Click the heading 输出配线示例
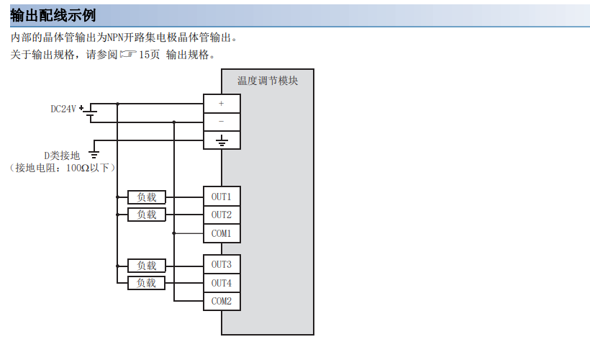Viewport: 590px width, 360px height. pyautogui.click(x=53, y=15)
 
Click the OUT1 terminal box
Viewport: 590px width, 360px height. pyautogui.click(x=222, y=197)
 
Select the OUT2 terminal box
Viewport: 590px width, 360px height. pyautogui.click(x=222, y=215)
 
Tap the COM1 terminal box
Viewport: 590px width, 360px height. pyautogui.click(x=222, y=233)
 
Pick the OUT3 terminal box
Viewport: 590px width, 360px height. pyautogui.click(x=222, y=265)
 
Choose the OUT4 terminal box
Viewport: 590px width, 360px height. pyautogui.click(x=222, y=283)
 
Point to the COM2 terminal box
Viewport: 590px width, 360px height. pyautogui.click(x=222, y=301)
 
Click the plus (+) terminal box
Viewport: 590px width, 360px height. pyautogui.click(x=222, y=104)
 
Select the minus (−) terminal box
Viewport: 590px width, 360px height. pyautogui.click(x=222, y=122)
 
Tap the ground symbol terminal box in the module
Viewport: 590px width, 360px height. pyautogui.click(x=222, y=140)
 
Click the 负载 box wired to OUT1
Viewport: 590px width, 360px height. pyautogui.click(x=147, y=197)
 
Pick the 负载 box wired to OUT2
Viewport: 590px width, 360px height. pyautogui.click(x=147, y=215)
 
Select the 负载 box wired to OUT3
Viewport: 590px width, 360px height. pyautogui.click(x=147, y=265)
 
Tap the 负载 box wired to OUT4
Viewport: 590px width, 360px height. pyautogui.click(x=147, y=283)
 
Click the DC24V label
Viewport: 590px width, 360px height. pyautogui.click(x=63, y=109)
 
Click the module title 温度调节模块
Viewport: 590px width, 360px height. pyautogui.click(x=268, y=81)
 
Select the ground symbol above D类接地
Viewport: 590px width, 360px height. pyautogui.click(x=94, y=153)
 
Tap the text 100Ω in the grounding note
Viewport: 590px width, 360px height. pyautogui.click(x=78, y=168)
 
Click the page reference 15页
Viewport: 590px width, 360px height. pyautogui.click(x=149, y=55)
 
